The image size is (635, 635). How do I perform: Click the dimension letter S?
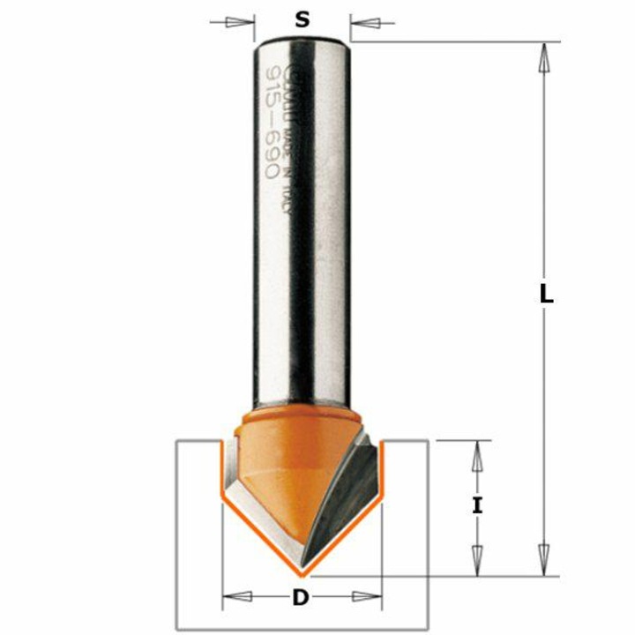303,19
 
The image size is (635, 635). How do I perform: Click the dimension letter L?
547,297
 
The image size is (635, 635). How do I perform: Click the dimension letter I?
477,505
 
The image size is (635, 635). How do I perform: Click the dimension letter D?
302,599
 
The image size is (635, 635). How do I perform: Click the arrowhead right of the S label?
363,21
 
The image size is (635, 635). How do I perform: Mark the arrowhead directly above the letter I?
477,457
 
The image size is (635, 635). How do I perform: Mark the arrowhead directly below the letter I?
477,556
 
